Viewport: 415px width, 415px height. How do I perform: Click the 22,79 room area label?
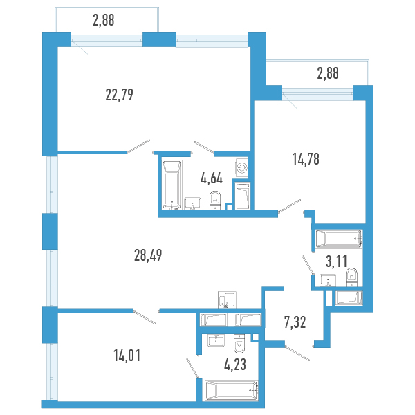119,95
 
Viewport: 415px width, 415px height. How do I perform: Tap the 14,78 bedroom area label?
306,159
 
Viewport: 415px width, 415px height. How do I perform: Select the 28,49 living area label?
148,255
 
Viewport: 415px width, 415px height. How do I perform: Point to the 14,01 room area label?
127,356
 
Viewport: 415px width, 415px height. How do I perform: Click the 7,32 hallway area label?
295,322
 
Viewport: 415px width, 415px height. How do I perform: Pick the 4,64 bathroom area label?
212,178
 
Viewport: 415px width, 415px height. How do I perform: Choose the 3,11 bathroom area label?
336,261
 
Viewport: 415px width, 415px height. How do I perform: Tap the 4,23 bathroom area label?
235,365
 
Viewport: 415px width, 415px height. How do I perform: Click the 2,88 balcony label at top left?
104,20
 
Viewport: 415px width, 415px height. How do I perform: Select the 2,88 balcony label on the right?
328,73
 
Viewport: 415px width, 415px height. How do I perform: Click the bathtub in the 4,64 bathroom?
172,185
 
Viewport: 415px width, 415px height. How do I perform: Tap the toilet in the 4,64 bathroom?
215,201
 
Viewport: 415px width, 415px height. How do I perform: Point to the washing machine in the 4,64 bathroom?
242,167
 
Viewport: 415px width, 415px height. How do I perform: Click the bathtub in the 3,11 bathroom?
339,239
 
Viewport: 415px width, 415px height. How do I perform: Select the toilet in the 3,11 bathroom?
351,277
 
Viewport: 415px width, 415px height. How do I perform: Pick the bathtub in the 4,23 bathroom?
232,391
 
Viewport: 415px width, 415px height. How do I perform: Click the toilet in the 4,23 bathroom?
240,343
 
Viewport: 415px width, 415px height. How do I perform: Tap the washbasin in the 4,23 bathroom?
216,340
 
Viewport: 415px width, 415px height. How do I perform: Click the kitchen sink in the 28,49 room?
227,300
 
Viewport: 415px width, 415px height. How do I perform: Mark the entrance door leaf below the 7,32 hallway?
297,353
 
